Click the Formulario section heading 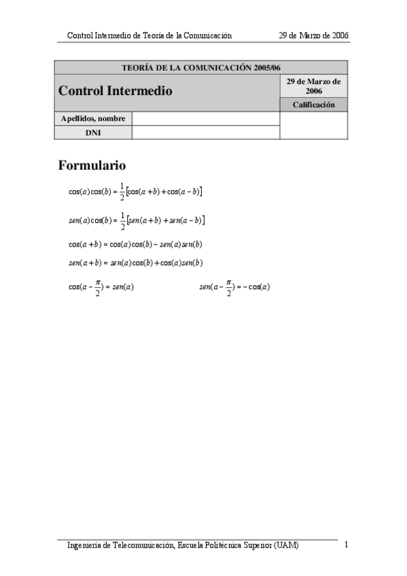coord(92,165)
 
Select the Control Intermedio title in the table coord(116,90)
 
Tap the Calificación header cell coord(313,105)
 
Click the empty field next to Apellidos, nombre coord(205,119)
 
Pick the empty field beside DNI coord(205,132)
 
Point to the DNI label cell coord(93,132)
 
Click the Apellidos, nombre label coord(93,119)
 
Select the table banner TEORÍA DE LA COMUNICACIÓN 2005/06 coord(200,68)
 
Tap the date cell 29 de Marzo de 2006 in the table coord(313,86)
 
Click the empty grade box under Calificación coord(313,126)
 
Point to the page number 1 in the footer coord(347,544)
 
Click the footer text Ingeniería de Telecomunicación coord(183,545)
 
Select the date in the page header coord(314,35)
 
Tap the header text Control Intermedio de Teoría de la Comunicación coord(149,35)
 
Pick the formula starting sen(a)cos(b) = coord(137,220)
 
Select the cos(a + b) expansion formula coord(135,245)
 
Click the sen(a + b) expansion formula coord(135,263)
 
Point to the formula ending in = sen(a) coord(101,287)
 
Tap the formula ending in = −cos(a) coord(234,287)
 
